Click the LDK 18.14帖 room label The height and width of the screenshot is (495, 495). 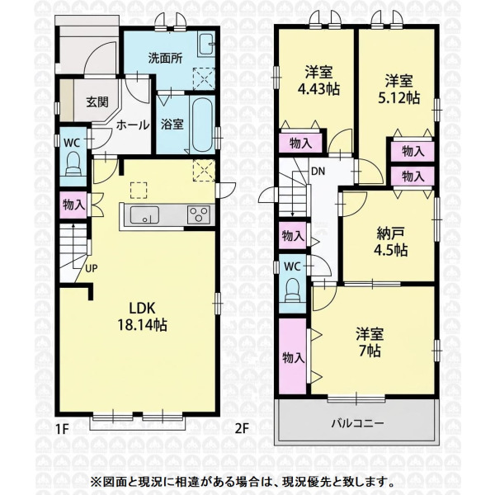142,317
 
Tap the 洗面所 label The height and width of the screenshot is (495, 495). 166,59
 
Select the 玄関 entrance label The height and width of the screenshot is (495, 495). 97,102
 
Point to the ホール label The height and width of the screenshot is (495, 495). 133,125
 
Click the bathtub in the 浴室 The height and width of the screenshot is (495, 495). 202,125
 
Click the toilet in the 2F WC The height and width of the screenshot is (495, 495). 294,290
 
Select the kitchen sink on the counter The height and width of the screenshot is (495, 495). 144,215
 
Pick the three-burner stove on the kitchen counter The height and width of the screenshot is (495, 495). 199,214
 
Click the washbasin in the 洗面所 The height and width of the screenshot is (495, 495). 206,45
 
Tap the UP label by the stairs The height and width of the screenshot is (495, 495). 91,269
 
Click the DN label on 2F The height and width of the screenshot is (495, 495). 318,172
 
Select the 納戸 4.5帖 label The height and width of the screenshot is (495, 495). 390,242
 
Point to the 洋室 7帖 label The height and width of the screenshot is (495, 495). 370,342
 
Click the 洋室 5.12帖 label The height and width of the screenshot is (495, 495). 398,90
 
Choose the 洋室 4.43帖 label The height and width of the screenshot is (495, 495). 318,81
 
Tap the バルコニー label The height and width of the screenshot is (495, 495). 357,422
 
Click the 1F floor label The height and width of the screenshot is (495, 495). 62,429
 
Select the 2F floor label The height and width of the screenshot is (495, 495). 242,428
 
